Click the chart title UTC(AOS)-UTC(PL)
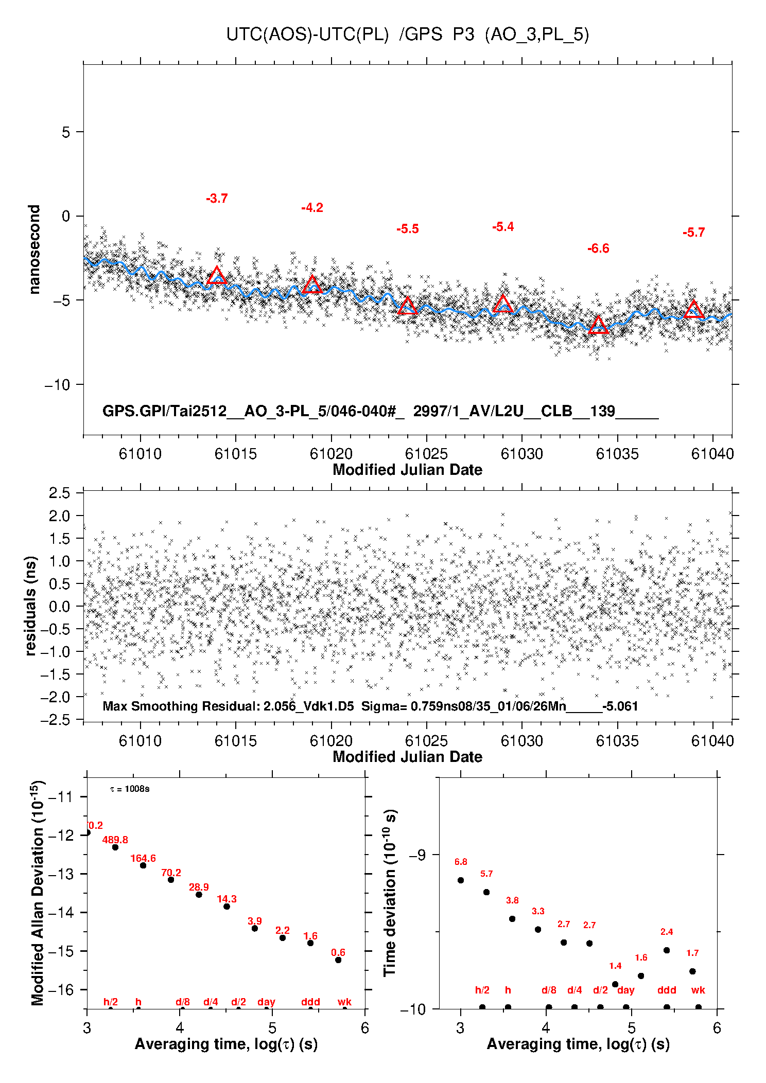click(x=307, y=34)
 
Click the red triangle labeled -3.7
click(x=217, y=275)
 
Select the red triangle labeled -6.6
click(x=598, y=325)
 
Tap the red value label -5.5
click(x=408, y=229)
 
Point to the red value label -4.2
click(x=312, y=208)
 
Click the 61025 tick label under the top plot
click(x=426, y=454)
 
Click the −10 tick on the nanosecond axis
click(x=58, y=384)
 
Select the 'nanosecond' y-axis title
click(x=34, y=250)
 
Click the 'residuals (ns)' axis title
click(x=31, y=606)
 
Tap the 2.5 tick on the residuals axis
click(x=59, y=493)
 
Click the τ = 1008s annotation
click(x=130, y=789)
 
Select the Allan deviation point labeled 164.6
click(x=143, y=865)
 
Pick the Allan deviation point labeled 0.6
click(x=338, y=960)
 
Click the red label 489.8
click(x=115, y=840)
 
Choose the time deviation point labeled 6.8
click(x=461, y=880)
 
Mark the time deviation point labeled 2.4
click(x=667, y=950)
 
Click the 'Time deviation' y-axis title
click(x=390, y=893)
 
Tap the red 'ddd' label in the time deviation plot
click(x=667, y=990)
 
